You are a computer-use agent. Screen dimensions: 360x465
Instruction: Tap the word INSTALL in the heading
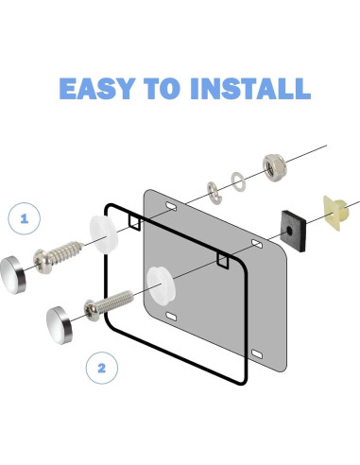[x=250, y=89]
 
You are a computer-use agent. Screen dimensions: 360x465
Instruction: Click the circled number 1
[x=25, y=218]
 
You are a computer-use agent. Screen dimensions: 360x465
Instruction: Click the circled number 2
[x=102, y=368]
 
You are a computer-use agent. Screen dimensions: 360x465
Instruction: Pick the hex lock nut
[x=274, y=167]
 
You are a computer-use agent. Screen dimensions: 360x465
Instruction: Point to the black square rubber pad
[x=294, y=232]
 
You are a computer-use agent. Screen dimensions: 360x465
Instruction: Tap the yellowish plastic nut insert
[x=335, y=213]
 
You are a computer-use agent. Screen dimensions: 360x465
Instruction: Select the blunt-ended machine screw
[x=109, y=305]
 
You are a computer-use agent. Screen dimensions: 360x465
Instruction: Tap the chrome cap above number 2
[x=60, y=324]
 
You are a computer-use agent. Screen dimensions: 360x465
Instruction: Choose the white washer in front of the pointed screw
[x=104, y=234]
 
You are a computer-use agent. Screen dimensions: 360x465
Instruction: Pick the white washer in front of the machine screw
[x=161, y=284]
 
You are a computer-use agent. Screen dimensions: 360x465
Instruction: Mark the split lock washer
[x=214, y=193]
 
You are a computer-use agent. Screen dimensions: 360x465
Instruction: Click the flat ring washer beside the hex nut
[x=238, y=181]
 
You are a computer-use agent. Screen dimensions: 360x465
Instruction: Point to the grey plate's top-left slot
[x=171, y=206]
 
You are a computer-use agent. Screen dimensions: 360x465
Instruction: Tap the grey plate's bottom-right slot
[x=257, y=354]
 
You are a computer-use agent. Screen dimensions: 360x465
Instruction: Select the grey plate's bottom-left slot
[x=171, y=317]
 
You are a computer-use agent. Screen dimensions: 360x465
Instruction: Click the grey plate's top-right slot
[x=257, y=243]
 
